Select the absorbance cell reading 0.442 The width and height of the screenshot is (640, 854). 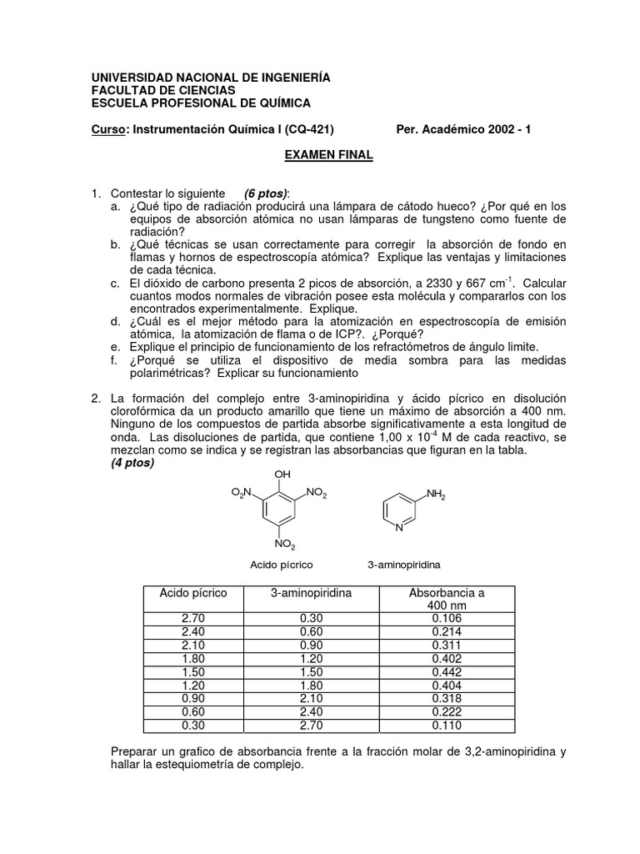point(447,671)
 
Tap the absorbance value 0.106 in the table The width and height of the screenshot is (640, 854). point(447,618)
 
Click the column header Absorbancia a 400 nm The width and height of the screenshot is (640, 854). point(447,598)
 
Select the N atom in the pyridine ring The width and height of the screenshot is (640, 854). point(400,528)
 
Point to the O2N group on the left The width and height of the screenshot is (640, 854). point(242,495)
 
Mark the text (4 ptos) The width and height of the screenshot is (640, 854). point(132,463)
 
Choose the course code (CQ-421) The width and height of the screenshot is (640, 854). point(309,129)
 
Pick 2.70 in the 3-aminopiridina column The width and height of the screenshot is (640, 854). point(311,725)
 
